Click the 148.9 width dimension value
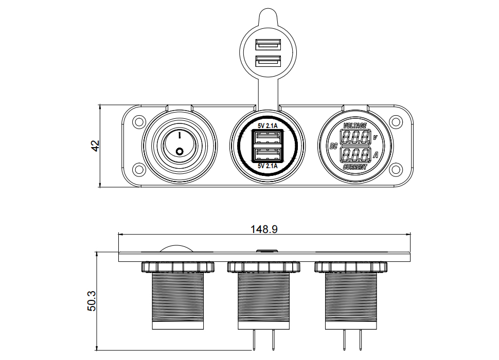[x=264, y=229]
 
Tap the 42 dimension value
[x=95, y=146]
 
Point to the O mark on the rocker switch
[x=180, y=151]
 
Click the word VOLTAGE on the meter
[x=355, y=125]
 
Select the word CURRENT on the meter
[x=355, y=167]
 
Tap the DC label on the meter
[x=333, y=146]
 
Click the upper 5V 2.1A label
[x=268, y=125]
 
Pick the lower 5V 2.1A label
[x=268, y=166]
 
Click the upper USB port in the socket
[x=268, y=137]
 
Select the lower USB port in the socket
[x=268, y=155]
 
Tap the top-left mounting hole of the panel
[x=139, y=122]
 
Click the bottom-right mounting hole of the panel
[x=395, y=169]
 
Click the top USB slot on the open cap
[x=268, y=45]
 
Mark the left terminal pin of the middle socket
[x=254, y=340]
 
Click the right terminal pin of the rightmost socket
[x=361, y=340]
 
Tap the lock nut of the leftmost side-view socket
[x=177, y=267]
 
